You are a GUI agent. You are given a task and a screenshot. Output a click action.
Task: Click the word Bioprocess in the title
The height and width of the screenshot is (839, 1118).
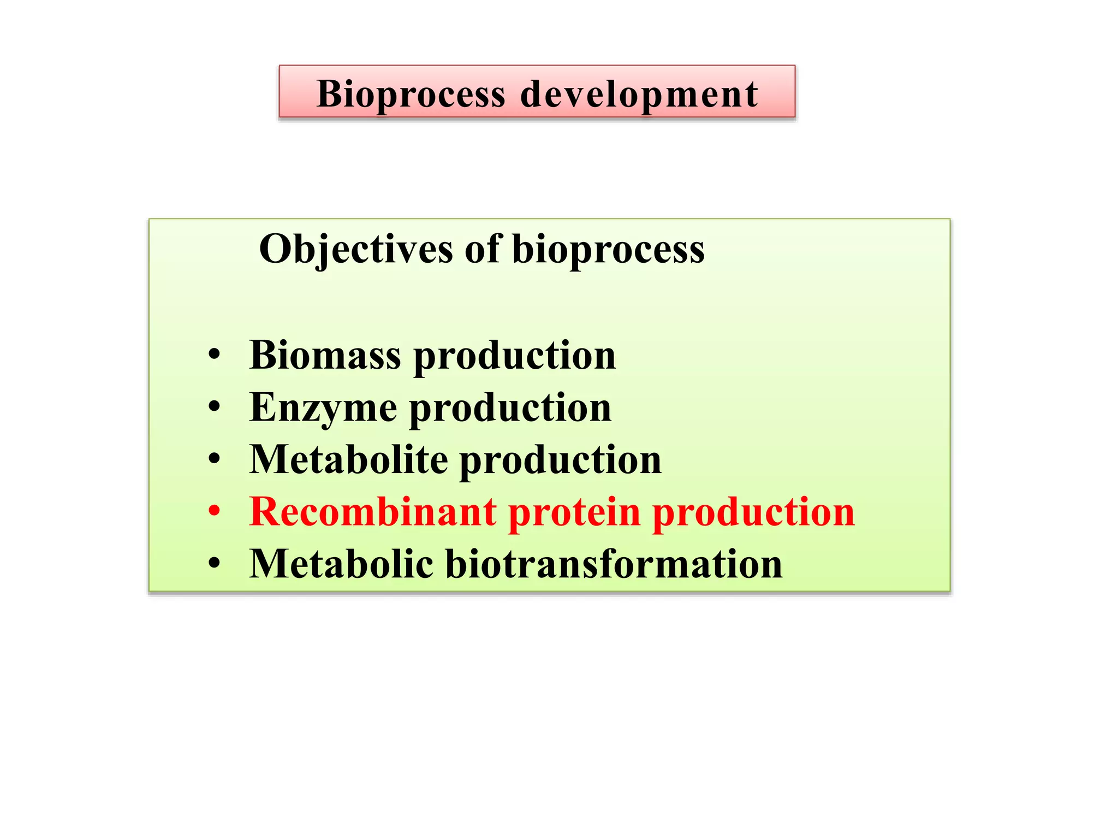coord(411,94)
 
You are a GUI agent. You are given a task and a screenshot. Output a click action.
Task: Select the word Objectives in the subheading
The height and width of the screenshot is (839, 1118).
coord(356,249)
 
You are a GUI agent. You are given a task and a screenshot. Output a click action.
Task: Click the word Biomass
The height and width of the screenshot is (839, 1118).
coord(325,355)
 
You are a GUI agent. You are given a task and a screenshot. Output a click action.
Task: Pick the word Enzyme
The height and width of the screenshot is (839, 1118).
coord(323,408)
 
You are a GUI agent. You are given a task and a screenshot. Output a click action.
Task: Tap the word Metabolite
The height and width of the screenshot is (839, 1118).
coord(348,459)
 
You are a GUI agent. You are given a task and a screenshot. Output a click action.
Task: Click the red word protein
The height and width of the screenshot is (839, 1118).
coord(574,513)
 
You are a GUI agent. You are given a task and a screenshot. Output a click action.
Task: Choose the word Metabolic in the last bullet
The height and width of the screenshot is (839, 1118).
coord(341,564)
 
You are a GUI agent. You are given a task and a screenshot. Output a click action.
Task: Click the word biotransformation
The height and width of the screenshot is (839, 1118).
coord(614,564)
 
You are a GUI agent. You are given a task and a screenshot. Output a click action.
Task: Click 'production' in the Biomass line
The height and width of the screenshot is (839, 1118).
coord(514,356)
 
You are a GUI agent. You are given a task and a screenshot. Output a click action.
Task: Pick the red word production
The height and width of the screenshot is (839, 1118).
coord(753,513)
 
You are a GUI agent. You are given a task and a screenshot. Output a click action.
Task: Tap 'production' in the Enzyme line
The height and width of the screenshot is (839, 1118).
coord(510,409)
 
